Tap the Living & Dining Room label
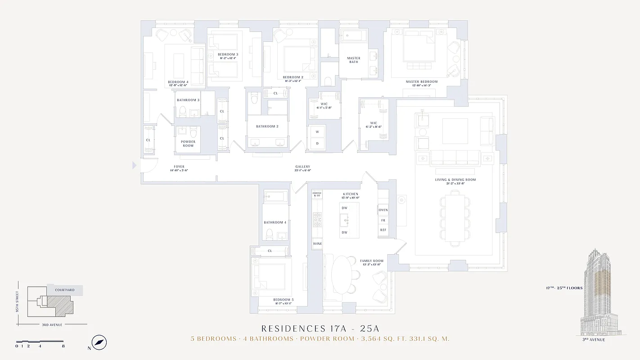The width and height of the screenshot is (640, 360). (x=455, y=180)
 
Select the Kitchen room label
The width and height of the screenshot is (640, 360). (x=350, y=194)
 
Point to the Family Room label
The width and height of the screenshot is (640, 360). (x=372, y=261)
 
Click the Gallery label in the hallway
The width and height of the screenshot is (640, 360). (x=302, y=167)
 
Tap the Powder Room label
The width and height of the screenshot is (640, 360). (x=188, y=144)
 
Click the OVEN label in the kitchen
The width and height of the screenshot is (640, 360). (x=383, y=210)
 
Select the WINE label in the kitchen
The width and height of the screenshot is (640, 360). (x=317, y=244)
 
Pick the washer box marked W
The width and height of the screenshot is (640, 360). (x=317, y=132)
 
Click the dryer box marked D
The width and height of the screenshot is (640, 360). (x=317, y=143)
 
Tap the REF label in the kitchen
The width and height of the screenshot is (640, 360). (x=383, y=230)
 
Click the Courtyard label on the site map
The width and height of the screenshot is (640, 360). (x=65, y=290)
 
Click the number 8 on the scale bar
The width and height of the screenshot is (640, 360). (x=63, y=346)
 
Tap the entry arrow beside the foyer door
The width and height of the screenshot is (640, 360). (x=134, y=166)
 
